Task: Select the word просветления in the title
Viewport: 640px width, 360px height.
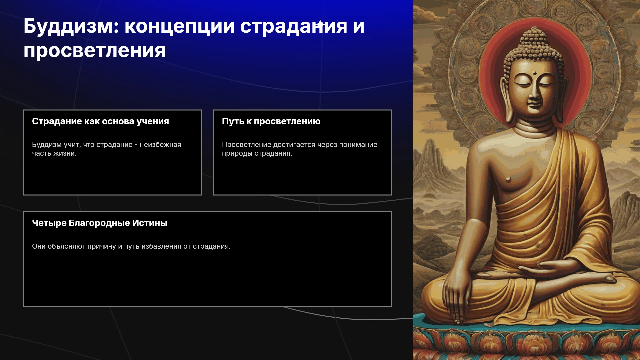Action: point(94,51)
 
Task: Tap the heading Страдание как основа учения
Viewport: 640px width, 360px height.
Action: point(100,122)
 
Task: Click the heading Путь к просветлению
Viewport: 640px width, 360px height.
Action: point(271,122)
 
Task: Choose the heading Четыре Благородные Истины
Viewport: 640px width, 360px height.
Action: point(100,223)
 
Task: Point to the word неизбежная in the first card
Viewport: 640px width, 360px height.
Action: point(160,145)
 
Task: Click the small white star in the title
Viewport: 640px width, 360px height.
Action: point(320,24)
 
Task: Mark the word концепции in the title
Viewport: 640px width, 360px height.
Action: point(180,27)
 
